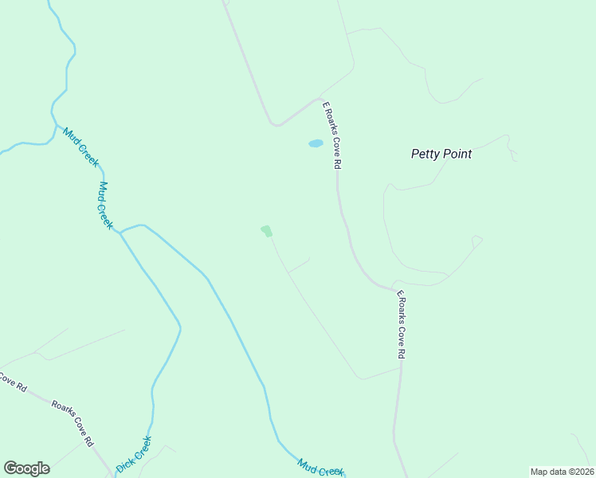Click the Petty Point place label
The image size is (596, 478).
click(x=441, y=154)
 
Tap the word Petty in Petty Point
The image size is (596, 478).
click(x=425, y=154)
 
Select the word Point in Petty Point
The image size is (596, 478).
click(x=457, y=154)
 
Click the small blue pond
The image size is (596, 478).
click(x=316, y=144)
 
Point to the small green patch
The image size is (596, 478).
click(x=266, y=231)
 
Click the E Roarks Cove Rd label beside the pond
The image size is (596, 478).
click(x=331, y=135)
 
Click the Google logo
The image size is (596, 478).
click(x=26, y=468)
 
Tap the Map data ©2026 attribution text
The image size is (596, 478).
click(x=562, y=471)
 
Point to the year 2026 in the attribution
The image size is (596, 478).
click(x=582, y=471)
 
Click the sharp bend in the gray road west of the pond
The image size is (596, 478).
click(x=274, y=124)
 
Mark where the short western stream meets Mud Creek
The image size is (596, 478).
click(x=53, y=127)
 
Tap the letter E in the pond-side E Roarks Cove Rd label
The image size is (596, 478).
click(x=324, y=104)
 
